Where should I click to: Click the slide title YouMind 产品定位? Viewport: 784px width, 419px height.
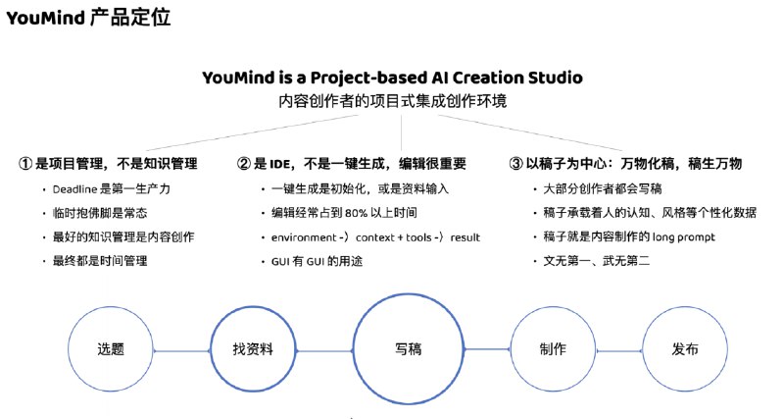tap(88, 18)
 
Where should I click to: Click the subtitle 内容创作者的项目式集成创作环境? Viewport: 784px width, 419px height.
tap(393, 101)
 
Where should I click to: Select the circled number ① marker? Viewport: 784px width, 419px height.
tap(25, 164)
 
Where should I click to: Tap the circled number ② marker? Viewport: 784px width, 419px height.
tap(244, 164)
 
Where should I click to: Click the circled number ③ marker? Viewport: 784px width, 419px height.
tap(516, 164)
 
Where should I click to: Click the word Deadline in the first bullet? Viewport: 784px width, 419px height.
tap(74, 189)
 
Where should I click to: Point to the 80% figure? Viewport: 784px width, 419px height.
tap(356, 213)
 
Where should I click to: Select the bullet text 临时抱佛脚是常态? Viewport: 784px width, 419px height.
tap(100, 213)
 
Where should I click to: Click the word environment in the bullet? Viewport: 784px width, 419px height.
tap(304, 237)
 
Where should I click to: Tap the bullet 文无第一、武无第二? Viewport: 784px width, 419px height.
tap(597, 261)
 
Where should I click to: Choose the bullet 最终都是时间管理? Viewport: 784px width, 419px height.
tap(100, 261)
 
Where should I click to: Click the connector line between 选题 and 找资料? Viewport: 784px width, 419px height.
tap(181, 351)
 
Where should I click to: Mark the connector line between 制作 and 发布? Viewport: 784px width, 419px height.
tap(619, 351)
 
